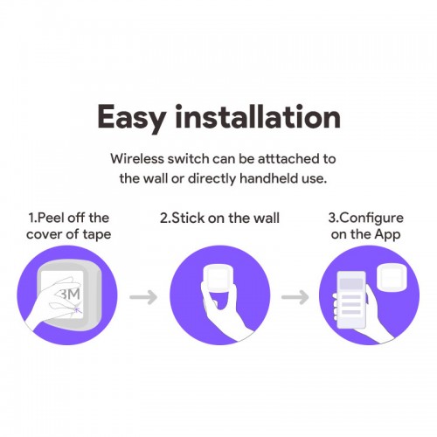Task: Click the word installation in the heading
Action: point(258,116)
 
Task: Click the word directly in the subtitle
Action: point(212,179)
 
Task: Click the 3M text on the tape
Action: point(70,295)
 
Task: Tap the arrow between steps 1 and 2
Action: point(143,297)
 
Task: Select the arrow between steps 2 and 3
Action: point(295,297)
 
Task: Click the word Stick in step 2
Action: point(189,218)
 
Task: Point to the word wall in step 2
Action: point(267,218)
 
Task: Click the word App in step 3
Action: point(387,235)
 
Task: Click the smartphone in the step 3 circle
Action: point(351,300)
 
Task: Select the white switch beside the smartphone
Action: point(392,278)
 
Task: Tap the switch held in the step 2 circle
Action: point(218,279)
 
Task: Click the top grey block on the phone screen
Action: point(351,283)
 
